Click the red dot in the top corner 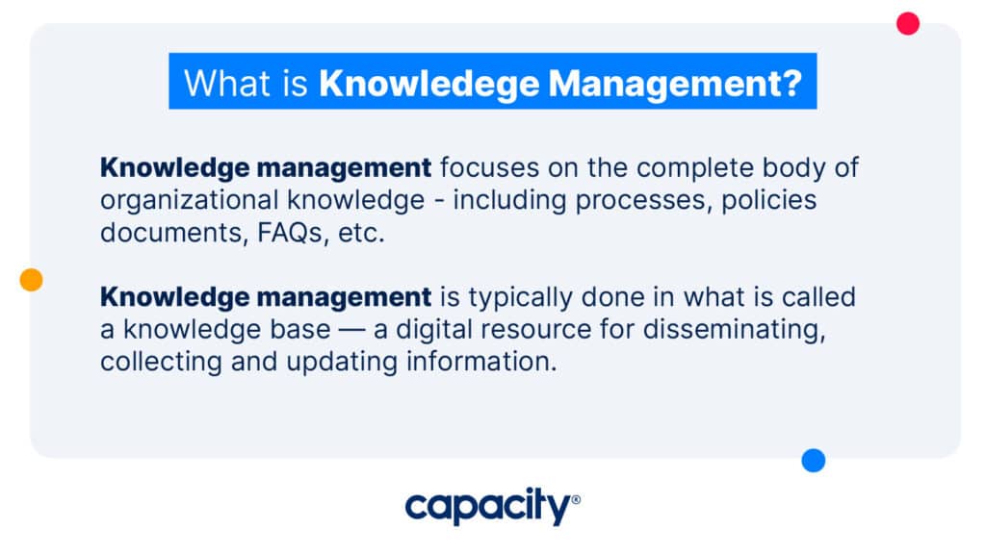point(907,23)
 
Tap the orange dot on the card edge point(32,280)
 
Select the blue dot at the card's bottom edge point(814,461)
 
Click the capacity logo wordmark point(487,506)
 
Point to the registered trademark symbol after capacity point(576,500)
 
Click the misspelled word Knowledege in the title point(428,83)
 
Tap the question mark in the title point(791,83)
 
